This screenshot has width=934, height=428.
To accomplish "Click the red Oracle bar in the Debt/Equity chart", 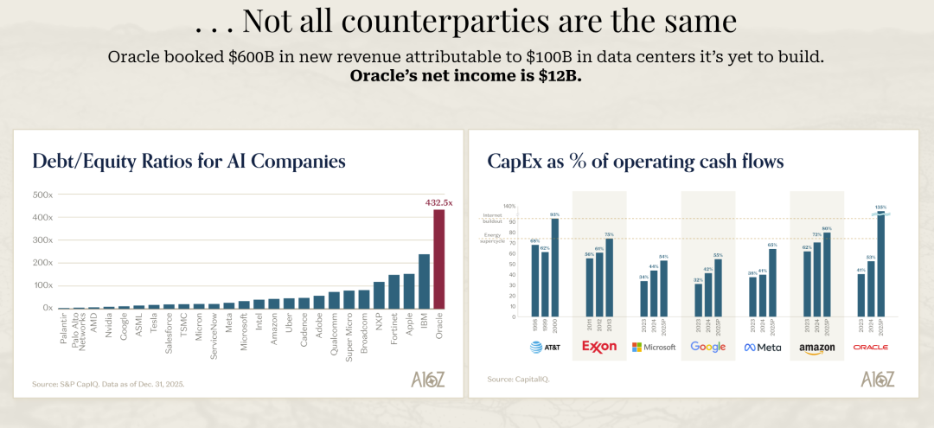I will click(x=439, y=259).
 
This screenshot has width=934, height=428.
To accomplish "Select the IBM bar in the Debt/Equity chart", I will click(x=425, y=281).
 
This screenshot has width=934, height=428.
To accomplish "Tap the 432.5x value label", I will click(x=438, y=202).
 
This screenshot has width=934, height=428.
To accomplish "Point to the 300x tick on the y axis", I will click(x=43, y=240).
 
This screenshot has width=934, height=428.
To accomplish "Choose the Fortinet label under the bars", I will click(x=393, y=332).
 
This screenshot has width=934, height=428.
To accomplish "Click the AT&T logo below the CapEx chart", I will click(x=546, y=347).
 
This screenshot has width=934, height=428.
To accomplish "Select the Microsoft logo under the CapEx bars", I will click(x=654, y=347).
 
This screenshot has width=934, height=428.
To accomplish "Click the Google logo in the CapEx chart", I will click(x=707, y=347).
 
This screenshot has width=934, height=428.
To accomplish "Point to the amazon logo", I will click(x=816, y=348).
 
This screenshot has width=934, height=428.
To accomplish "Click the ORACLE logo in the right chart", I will click(x=871, y=347).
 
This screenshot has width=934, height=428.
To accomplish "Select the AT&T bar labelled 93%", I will click(x=555, y=267).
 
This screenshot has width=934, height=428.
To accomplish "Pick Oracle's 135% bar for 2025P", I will click(x=881, y=264).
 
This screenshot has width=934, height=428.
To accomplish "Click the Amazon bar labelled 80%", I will click(x=827, y=274).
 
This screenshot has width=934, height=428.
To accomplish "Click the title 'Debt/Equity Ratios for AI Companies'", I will click(x=189, y=161).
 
